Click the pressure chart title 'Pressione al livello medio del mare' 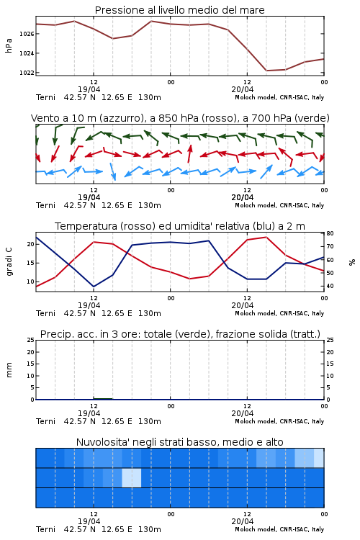click(179, 10)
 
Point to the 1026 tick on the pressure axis click(27, 34)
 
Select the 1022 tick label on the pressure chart click(27, 73)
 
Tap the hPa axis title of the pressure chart click(9, 45)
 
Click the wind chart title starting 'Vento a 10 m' click(180, 118)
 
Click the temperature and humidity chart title click(180, 226)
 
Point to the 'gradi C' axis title click(9, 261)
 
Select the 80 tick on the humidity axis click(330, 233)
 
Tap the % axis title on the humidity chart click(352, 262)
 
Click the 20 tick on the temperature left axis click(31, 244)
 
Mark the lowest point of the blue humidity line click(94, 287)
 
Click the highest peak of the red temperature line click(266, 237)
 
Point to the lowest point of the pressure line click(266, 71)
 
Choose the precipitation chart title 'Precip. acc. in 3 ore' click(180, 334)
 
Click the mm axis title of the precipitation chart click(9, 369)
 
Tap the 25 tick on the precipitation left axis click(31, 340)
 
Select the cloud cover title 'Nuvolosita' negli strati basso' click(179, 442)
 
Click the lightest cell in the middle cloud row click(132, 477)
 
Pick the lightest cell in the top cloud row click(319, 458)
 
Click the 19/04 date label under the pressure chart click(89, 89)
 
